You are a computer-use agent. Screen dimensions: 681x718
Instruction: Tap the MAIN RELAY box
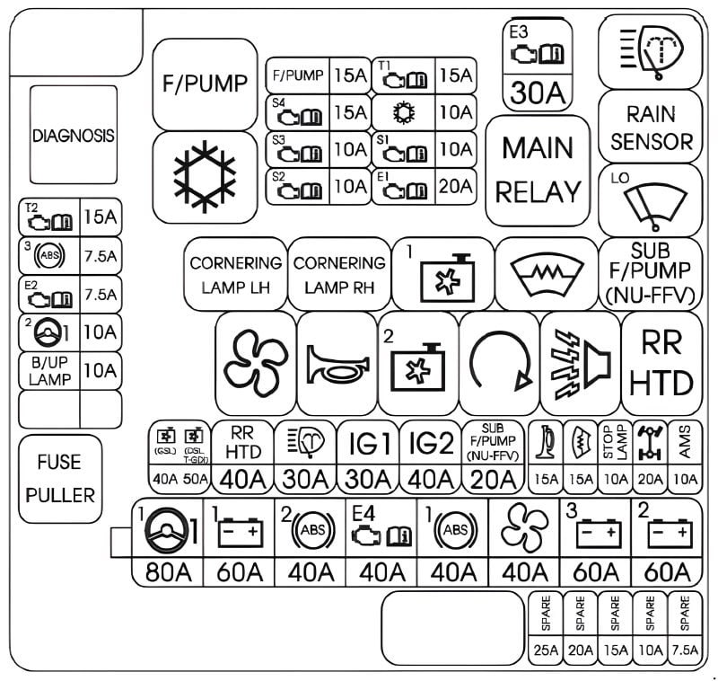click(x=538, y=170)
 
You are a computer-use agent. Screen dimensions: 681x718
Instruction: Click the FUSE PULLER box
click(x=59, y=479)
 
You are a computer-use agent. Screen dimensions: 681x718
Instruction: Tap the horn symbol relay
click(x=337, y=363)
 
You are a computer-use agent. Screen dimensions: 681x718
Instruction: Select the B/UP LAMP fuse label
click(x=49, y=370)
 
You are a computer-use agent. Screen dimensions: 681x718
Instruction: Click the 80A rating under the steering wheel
click(x=167, y=572)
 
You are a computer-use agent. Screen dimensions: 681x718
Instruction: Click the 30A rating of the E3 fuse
click(x=536, y=93)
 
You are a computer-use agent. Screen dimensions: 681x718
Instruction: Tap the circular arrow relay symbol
click(x=499, y=363)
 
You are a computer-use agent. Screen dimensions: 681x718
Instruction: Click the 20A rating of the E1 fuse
click(x=456, y=186)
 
